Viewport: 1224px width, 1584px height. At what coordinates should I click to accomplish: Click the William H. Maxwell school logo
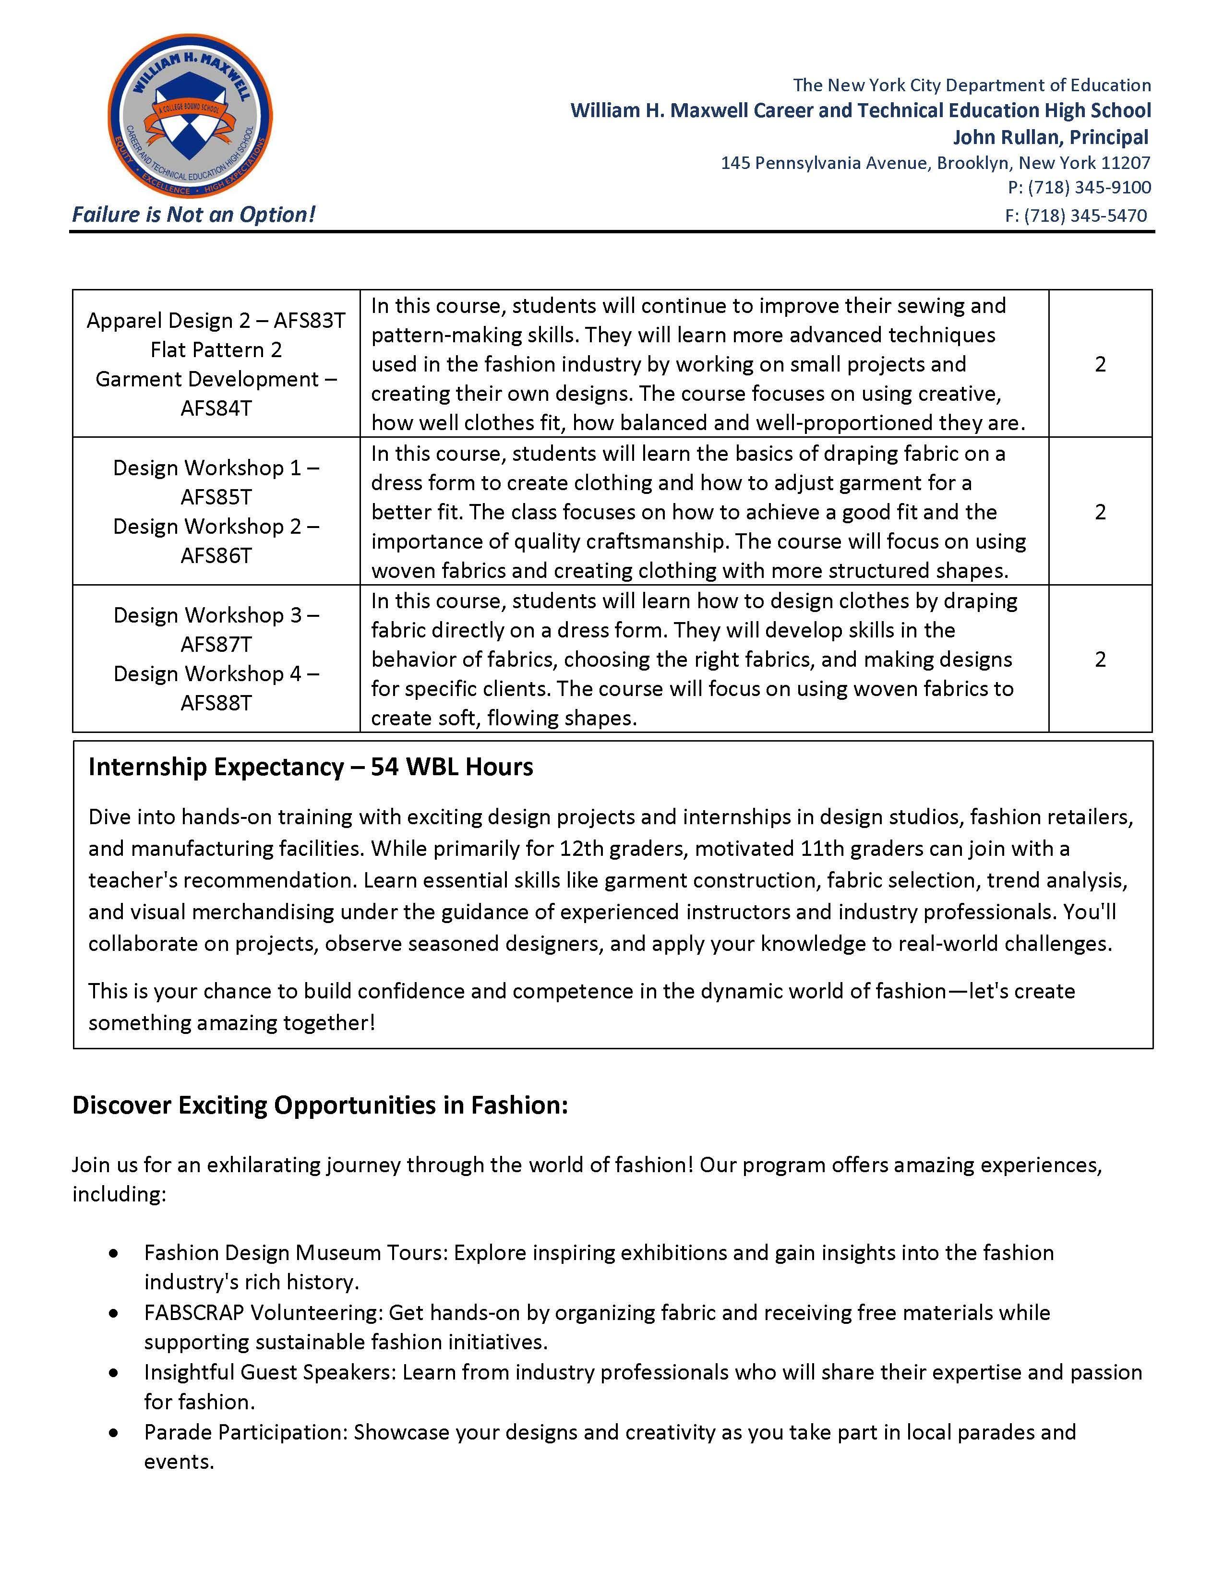[190, 116]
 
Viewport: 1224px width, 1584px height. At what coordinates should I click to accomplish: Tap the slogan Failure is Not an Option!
[193, 215]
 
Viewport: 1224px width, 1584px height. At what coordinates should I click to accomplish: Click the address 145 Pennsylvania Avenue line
[936, 162]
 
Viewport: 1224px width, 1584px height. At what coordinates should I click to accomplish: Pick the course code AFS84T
[216, 408]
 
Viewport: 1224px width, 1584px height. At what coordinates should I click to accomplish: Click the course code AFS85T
[216, 497]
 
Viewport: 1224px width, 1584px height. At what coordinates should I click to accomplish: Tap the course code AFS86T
[216, 555]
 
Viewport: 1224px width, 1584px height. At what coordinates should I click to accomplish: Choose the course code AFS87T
[216, 644]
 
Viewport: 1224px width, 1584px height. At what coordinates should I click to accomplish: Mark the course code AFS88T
[216, 703]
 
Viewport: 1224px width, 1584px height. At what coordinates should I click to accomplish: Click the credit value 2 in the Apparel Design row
[1100, 364]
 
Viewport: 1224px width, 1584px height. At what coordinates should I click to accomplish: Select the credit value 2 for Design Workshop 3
[1100, 659]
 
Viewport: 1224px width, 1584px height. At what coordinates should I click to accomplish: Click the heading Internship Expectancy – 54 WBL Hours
[311, 767]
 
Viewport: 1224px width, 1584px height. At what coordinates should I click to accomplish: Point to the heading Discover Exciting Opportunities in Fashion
[320, 1105]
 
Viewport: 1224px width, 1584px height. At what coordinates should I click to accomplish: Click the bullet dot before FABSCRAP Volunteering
[113, 1313]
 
